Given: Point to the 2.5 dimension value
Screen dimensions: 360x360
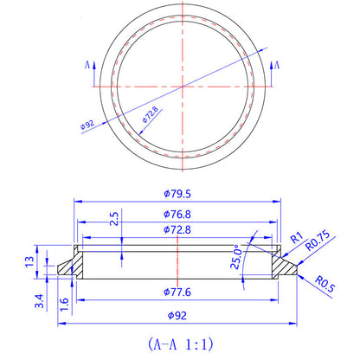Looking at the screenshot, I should [112, 220].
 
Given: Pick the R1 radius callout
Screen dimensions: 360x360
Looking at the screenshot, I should [295, 235].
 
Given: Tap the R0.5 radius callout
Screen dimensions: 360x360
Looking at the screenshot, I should [325, 283].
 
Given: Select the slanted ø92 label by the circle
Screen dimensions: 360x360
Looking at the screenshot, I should [87, 125].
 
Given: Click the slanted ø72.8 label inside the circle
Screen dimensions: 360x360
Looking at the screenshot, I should [150, 116].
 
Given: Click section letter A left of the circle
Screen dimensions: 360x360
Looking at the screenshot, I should [87, 64].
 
